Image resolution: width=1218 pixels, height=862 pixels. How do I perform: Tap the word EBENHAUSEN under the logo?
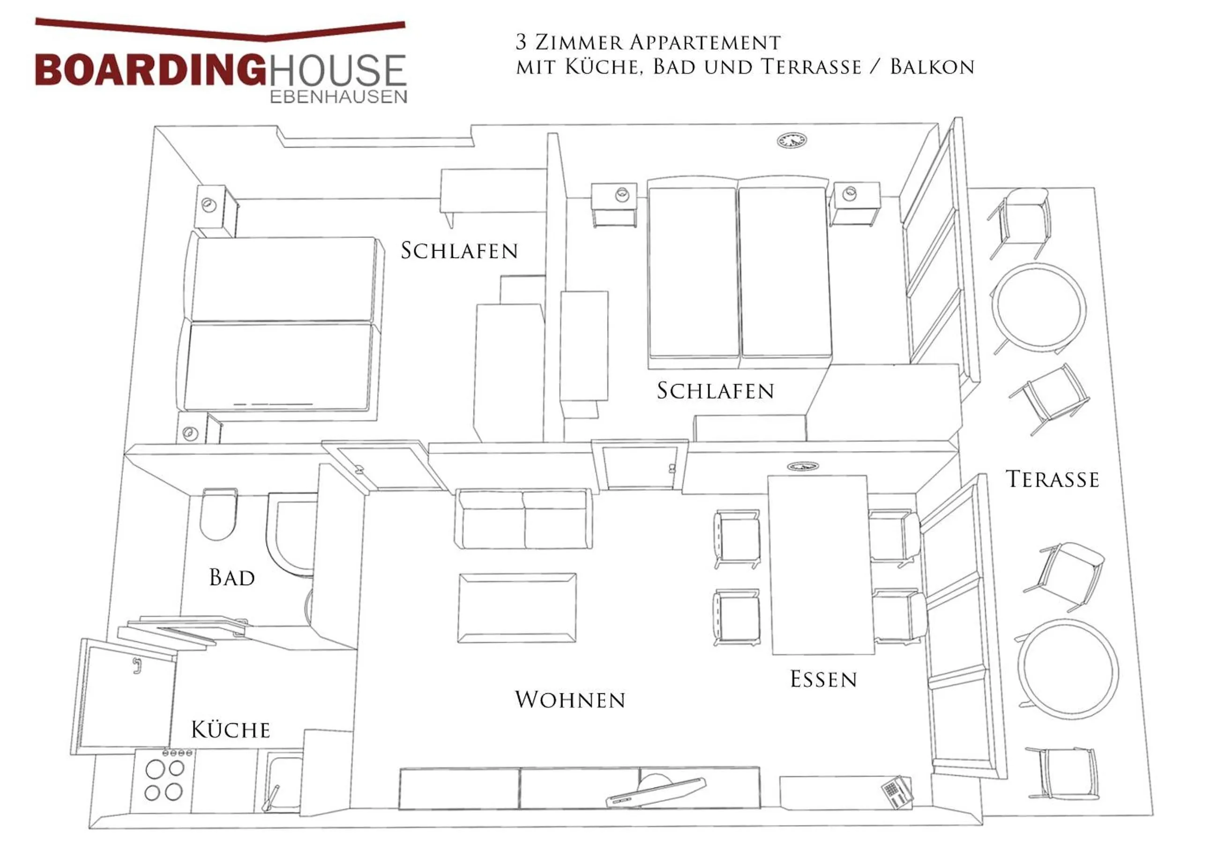tap(339, 97)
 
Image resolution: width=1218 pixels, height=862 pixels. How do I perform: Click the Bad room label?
tap(232, 578)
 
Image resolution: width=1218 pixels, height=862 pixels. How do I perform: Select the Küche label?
tap(231, 730)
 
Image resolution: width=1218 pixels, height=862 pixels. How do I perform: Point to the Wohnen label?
tap(570, 699)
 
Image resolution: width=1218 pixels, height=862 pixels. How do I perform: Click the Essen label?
tap(823, 679)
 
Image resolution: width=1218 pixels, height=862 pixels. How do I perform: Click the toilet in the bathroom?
tap(218, 514)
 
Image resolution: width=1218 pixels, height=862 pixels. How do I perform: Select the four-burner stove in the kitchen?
tap(164, 780)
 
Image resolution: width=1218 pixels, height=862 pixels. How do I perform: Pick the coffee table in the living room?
tap(517, 608)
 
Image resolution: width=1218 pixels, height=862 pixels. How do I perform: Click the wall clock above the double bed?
tap(792, 141)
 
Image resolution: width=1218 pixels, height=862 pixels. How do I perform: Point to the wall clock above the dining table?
tap(803, 466)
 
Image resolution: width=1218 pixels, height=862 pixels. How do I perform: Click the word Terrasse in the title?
tap(811, 67)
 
